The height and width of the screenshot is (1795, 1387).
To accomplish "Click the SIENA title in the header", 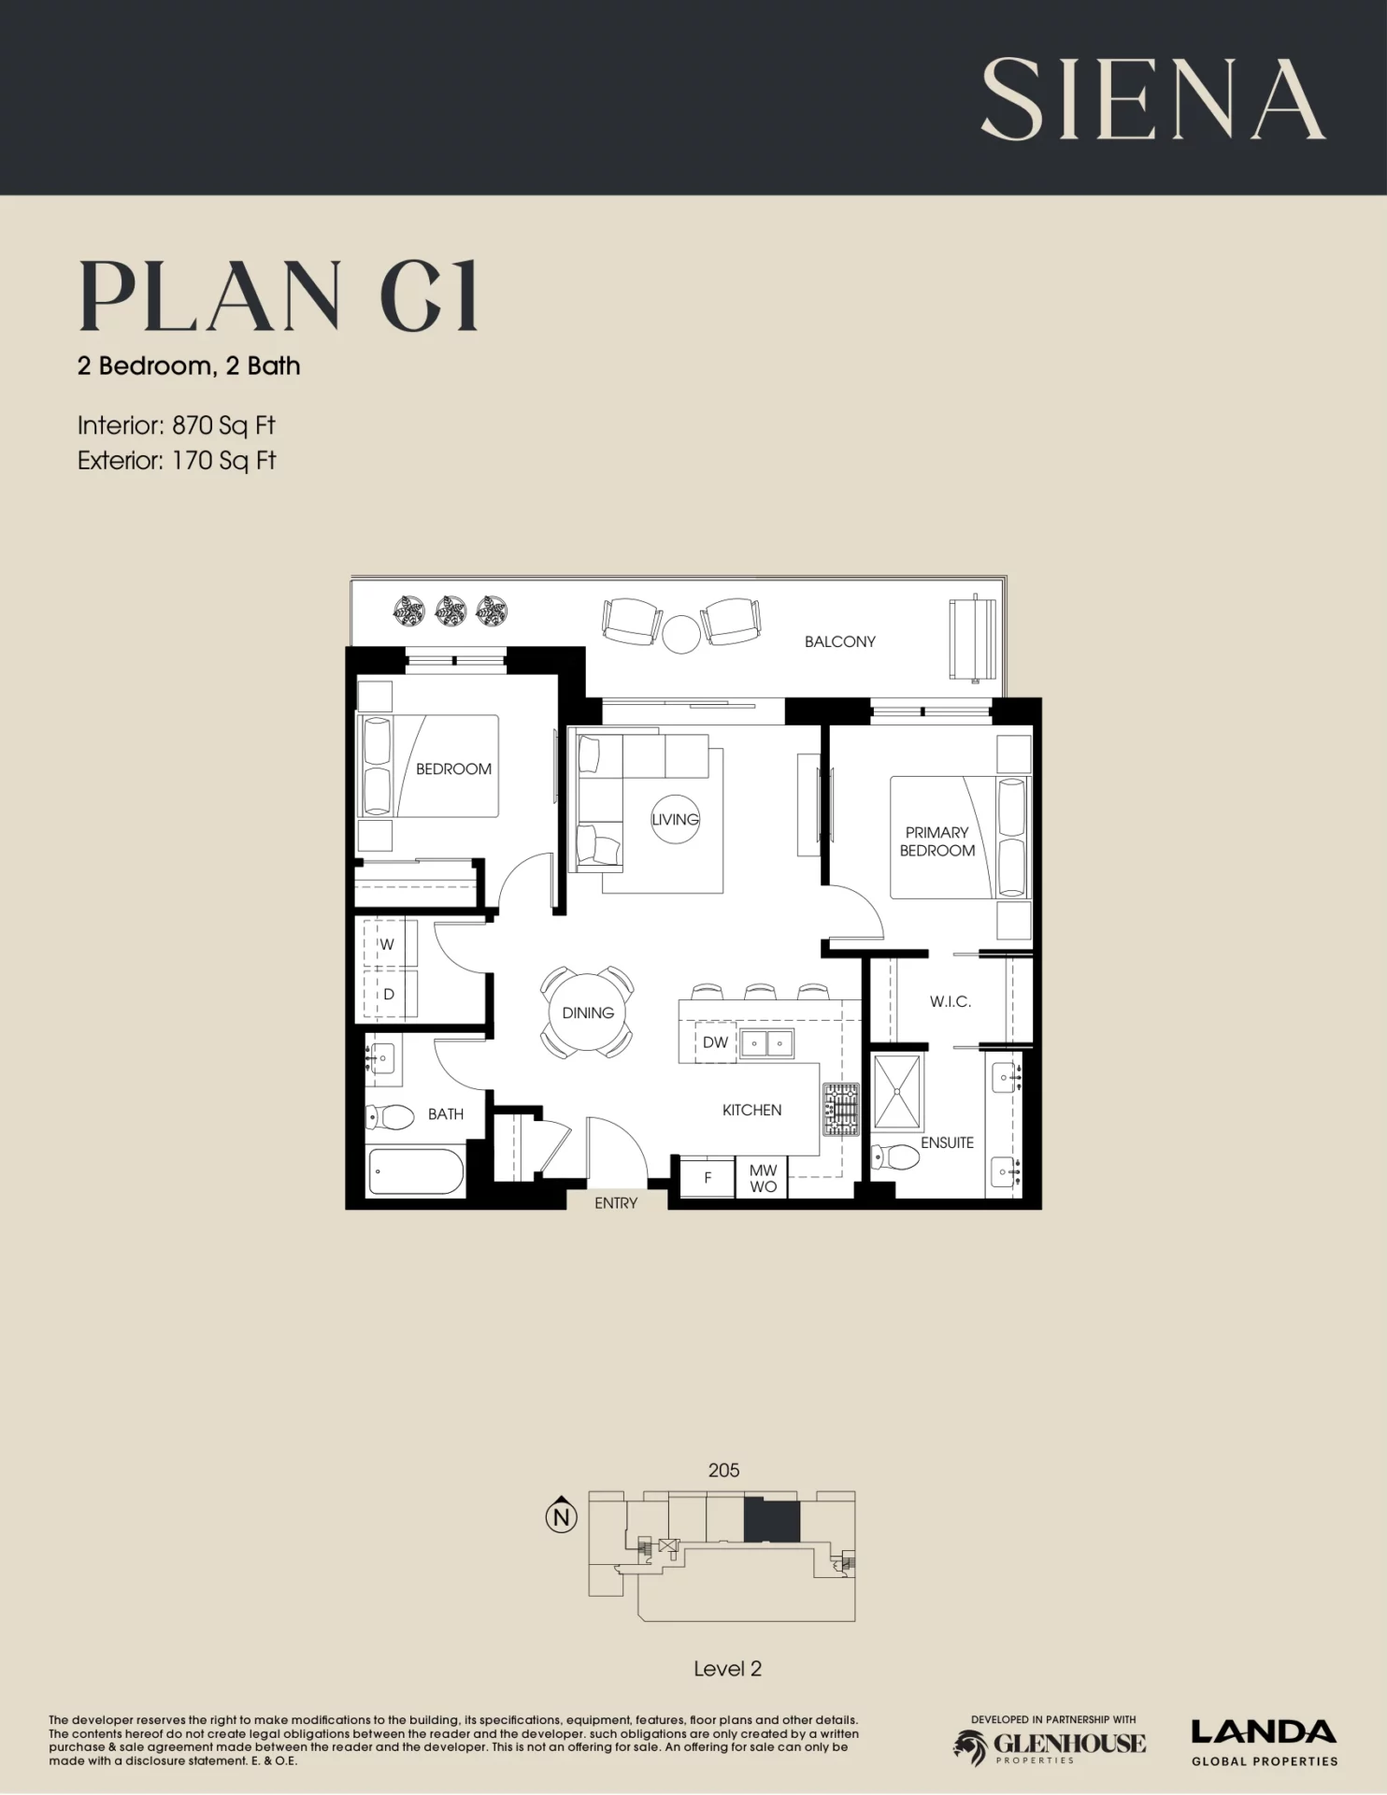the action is tap(1152, 98).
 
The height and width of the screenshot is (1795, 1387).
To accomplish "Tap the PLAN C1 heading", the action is tap(279, 296).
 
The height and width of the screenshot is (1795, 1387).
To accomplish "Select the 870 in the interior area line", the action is tap(193, 425).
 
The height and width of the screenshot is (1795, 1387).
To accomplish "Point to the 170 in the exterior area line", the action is tap(193, 460).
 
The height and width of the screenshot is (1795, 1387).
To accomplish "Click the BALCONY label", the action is tap(840, 641).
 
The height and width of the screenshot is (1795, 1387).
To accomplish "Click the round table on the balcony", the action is tap(681, 634).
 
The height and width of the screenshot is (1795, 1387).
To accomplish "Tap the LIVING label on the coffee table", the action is tap(675, 819).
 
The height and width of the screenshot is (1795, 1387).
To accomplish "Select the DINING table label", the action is tap(588, 1012).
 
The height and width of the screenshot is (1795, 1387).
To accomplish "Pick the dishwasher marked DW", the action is tap(715, 1042).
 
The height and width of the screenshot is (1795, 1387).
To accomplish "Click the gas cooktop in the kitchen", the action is tap(840, 1110).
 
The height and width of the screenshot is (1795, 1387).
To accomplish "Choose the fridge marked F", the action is tap(708, 1178).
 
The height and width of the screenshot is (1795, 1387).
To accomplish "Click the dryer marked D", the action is tap(390, 994).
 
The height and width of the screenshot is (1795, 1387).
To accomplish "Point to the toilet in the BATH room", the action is tap(390, 1116).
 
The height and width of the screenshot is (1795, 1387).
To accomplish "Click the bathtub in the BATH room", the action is tap(417, 1171).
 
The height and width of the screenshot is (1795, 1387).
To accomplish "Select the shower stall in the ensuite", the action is tap(896, 1092).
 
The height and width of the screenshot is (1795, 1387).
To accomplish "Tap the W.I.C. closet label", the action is tap(951, 1001).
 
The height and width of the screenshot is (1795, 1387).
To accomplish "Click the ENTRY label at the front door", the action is tap(616, 1203).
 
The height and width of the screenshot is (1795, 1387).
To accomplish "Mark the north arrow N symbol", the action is tap(561, 1516).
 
